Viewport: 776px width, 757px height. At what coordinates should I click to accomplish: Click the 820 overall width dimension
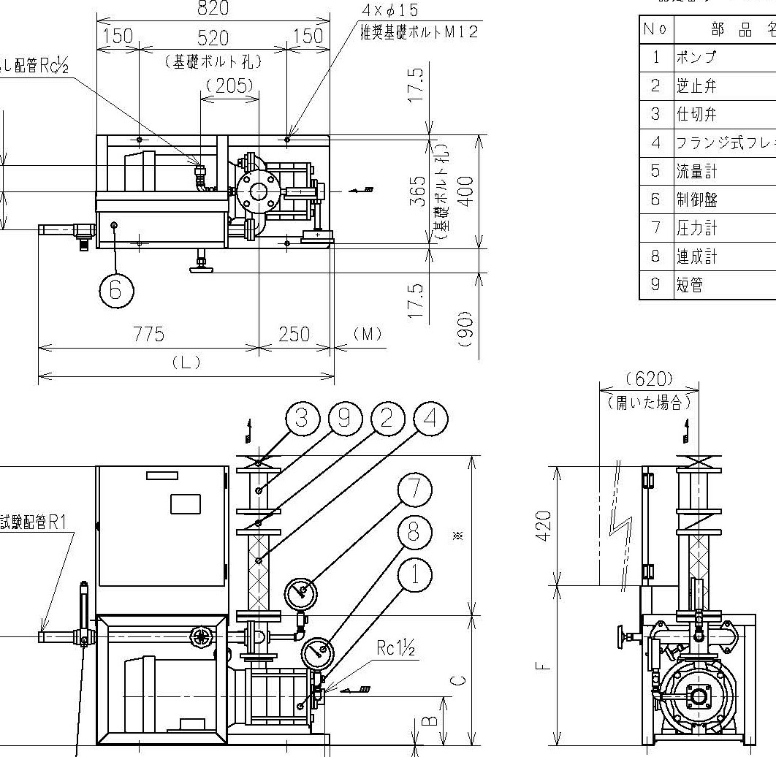[213, 8]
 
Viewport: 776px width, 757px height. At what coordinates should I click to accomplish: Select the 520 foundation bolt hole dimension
[213, 37]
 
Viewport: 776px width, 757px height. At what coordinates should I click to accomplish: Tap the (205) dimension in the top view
[229, 85]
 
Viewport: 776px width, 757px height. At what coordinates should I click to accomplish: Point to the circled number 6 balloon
[116, 290]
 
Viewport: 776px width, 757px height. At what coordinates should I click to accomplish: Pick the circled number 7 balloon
[414, 489]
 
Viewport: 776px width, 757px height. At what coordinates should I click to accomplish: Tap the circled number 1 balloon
[414, 575]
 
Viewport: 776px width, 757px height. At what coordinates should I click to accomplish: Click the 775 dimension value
[148, 334]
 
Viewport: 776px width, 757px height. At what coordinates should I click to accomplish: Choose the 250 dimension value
[295, 334]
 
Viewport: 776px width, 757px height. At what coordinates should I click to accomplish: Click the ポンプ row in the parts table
[696, 58]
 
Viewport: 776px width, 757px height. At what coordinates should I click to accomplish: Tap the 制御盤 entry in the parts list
[696, 199]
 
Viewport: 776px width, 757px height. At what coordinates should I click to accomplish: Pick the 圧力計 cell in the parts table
[696, 228]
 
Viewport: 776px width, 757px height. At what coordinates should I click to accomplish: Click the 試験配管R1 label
[34, 522]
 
